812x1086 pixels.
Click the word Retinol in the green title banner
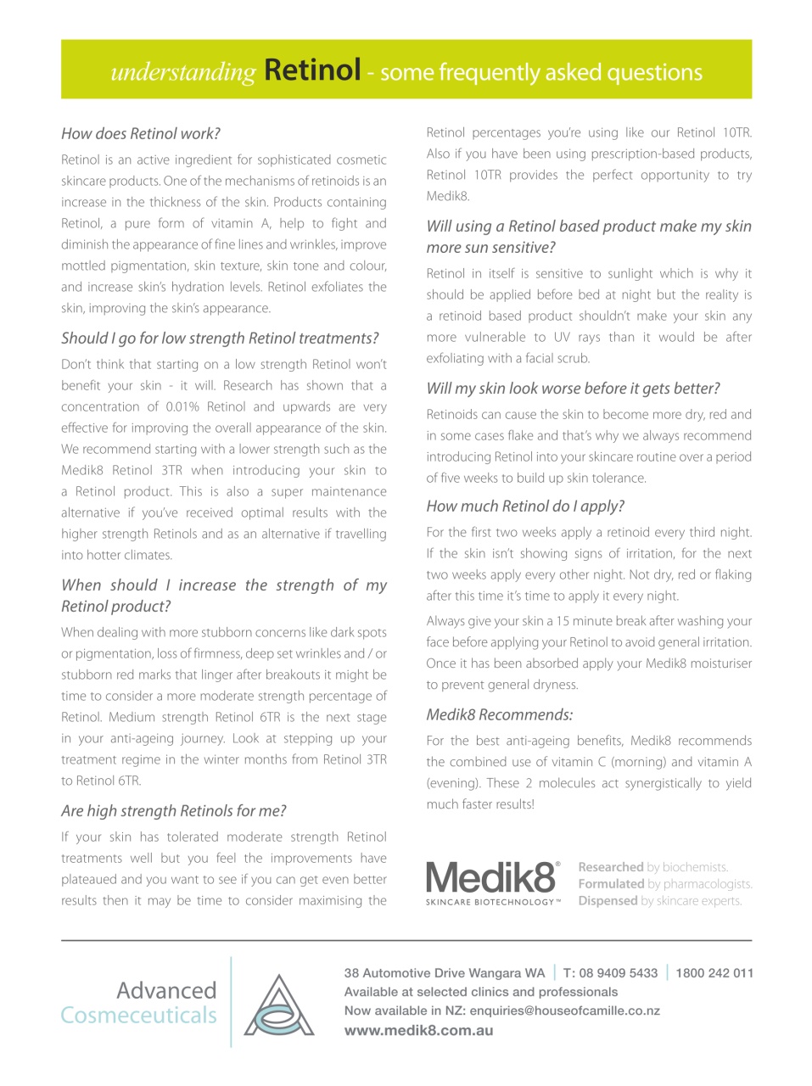click(312, 70)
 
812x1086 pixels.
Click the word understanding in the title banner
click(182, 73)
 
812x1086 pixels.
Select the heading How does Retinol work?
click(141, 133)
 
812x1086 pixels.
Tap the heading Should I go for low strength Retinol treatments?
click(220, 338)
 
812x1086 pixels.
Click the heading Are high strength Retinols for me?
click(173, 810)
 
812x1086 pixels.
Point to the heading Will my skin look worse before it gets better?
click(573, 388)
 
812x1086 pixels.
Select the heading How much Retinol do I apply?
click(524, 506)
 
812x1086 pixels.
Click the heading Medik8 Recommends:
click(499, 714)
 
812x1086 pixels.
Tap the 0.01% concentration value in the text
click(182, 406)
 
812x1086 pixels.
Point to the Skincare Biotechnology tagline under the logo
click(492, 902)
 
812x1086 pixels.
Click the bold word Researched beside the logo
click(610, 867)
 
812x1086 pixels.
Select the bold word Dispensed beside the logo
click(608, 901)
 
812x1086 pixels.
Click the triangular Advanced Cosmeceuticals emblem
click(279, 1005)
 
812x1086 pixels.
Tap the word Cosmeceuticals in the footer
click(139, 1015)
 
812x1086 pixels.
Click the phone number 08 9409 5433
click(619, 973)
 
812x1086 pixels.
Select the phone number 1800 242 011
click(714, 973)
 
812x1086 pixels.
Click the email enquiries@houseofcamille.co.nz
click(564, 1010)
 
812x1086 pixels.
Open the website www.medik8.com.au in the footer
click(418, 1030)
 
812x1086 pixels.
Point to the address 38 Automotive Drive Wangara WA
click(444, 973)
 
